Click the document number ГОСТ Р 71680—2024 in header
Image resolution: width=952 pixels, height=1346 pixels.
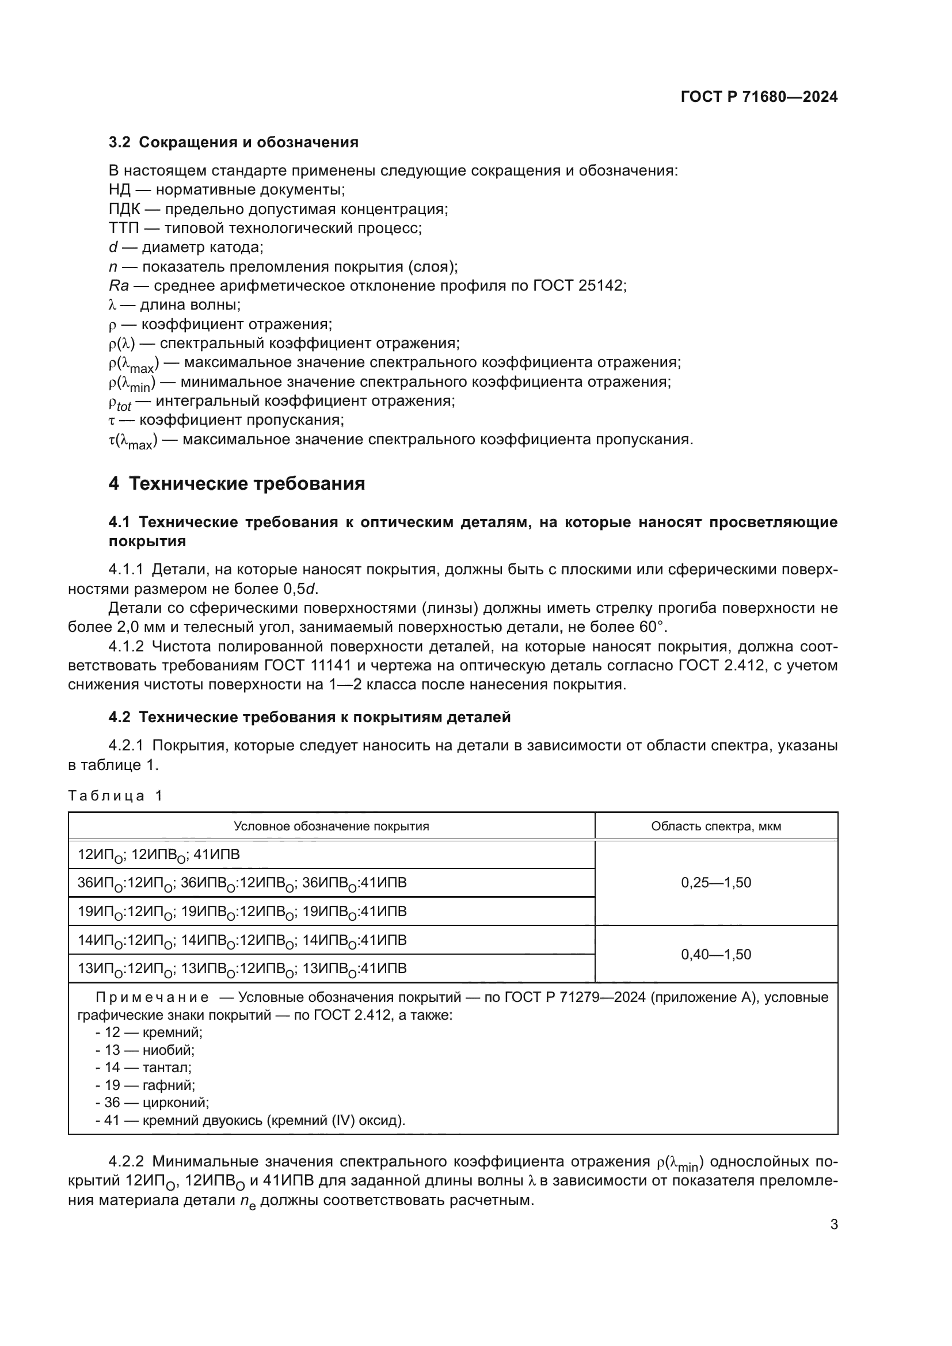759,97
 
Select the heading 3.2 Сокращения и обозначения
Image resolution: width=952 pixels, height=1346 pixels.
233,143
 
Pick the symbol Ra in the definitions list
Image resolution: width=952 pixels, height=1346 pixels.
119,286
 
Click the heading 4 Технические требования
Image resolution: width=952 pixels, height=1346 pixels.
237,483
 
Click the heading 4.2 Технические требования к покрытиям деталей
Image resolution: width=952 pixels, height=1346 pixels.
310,717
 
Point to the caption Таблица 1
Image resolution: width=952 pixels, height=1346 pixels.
115,795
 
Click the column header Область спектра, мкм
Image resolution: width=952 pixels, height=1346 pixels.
716,826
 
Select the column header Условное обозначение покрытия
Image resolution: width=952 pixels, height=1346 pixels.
331,826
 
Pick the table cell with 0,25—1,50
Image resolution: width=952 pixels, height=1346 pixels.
716,883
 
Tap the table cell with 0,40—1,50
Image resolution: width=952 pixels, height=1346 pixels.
716,954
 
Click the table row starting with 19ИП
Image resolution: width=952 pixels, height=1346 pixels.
242,912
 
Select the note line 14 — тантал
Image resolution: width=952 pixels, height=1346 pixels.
144,1067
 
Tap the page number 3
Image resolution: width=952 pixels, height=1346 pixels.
833,1225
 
